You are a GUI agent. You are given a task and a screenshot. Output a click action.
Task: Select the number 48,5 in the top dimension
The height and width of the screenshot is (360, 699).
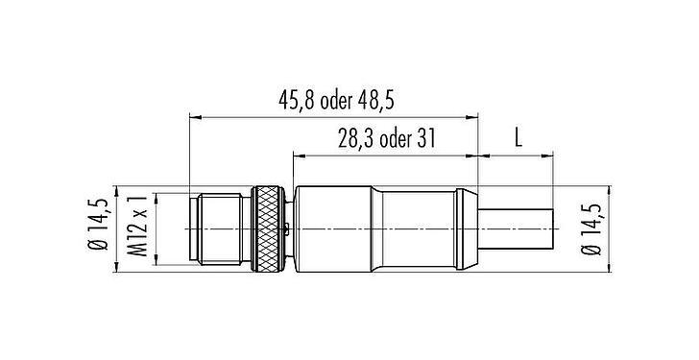pos(402,100)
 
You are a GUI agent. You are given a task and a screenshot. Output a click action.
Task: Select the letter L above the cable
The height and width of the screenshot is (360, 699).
pos(518,137)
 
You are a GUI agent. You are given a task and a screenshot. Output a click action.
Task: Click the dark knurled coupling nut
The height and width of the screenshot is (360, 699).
pos(270,230)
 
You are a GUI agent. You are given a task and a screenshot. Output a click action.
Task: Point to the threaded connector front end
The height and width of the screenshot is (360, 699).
pos(221,230)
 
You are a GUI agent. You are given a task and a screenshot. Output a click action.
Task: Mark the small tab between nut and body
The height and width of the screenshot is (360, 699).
pos(290,228)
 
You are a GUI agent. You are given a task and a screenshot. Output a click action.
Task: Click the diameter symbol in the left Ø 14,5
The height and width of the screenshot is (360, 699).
pos(99,254)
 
